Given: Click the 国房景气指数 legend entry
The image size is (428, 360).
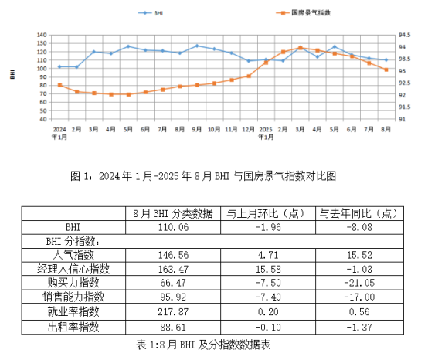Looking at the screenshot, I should [298, 13].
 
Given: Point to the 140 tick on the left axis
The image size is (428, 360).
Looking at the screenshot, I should [41, 36].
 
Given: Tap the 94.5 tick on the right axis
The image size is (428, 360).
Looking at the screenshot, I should [403, 36].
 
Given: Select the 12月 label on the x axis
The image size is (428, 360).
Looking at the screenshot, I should [248, 129].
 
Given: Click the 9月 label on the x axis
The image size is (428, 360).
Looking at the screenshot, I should [197, 129].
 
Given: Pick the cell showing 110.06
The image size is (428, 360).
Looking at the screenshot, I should [172, 227].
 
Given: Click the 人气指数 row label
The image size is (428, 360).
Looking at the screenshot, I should [73, 254].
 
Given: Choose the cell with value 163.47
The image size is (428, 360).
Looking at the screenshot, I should [172, 269].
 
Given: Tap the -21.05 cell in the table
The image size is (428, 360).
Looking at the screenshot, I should [358, 283].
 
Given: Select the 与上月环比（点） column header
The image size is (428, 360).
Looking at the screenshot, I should [264, 213].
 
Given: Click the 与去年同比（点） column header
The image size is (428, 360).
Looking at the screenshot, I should [358, 213].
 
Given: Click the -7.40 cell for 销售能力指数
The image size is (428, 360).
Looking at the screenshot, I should [264, 297].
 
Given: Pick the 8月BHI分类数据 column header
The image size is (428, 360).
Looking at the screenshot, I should [172, 213].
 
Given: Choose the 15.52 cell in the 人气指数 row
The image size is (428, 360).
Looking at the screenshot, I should [358, 254].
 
